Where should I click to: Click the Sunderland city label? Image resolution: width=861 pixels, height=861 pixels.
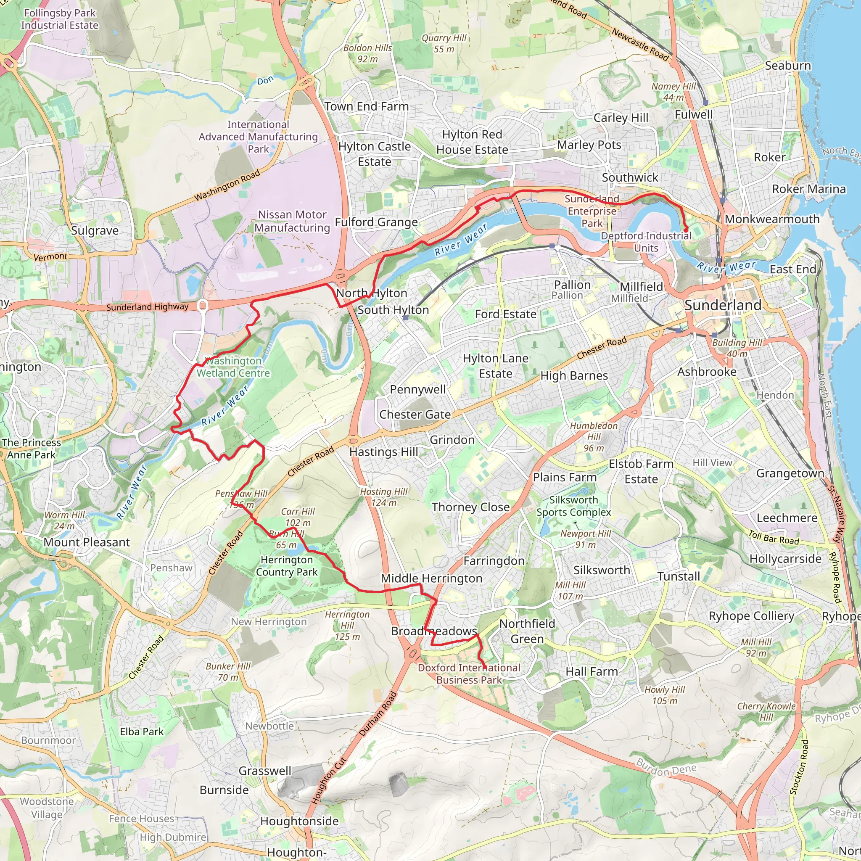point(723,305)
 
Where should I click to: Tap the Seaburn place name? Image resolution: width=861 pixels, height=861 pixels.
point(787,66)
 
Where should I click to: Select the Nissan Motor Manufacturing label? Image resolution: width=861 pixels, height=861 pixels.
point(292,221)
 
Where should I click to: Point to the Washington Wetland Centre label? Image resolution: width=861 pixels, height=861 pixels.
point(233,367)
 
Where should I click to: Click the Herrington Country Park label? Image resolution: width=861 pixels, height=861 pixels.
point(287,565)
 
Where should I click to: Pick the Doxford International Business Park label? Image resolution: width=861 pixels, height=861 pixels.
point(469,674)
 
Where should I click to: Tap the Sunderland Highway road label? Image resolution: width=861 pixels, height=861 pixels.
point(147,307)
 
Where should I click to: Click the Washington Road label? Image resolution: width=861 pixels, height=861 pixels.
point(227,185)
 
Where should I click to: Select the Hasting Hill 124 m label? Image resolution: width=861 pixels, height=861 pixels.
point(384,497)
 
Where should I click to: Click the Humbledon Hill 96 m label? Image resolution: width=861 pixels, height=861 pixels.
point(594,437)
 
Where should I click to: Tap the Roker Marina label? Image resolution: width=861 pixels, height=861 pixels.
point(808,189)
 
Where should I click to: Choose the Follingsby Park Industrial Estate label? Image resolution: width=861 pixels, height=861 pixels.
point(60,19)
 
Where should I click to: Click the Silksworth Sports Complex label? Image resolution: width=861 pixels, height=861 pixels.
point(573,506)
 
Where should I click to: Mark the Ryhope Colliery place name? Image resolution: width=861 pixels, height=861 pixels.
point(751,616)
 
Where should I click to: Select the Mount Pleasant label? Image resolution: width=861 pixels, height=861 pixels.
point(87,542)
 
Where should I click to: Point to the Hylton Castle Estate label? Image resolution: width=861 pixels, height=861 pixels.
point(374,154)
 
